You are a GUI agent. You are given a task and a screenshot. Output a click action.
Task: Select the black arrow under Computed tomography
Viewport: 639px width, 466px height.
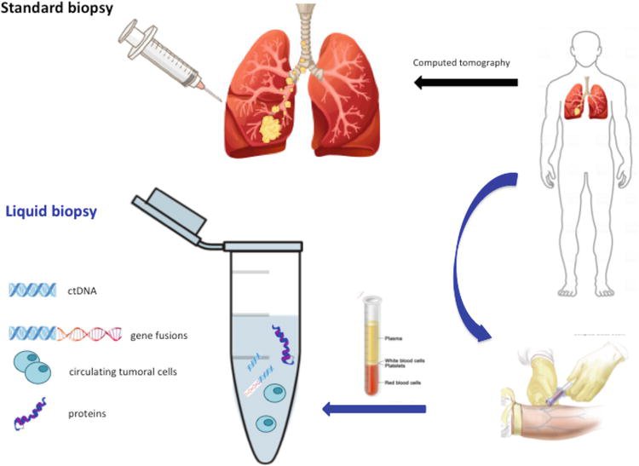(466, 83)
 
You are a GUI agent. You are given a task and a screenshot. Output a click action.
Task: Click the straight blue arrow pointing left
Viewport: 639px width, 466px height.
(375, 411)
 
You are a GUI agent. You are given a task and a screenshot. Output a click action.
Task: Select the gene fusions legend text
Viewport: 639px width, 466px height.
(159, 335)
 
